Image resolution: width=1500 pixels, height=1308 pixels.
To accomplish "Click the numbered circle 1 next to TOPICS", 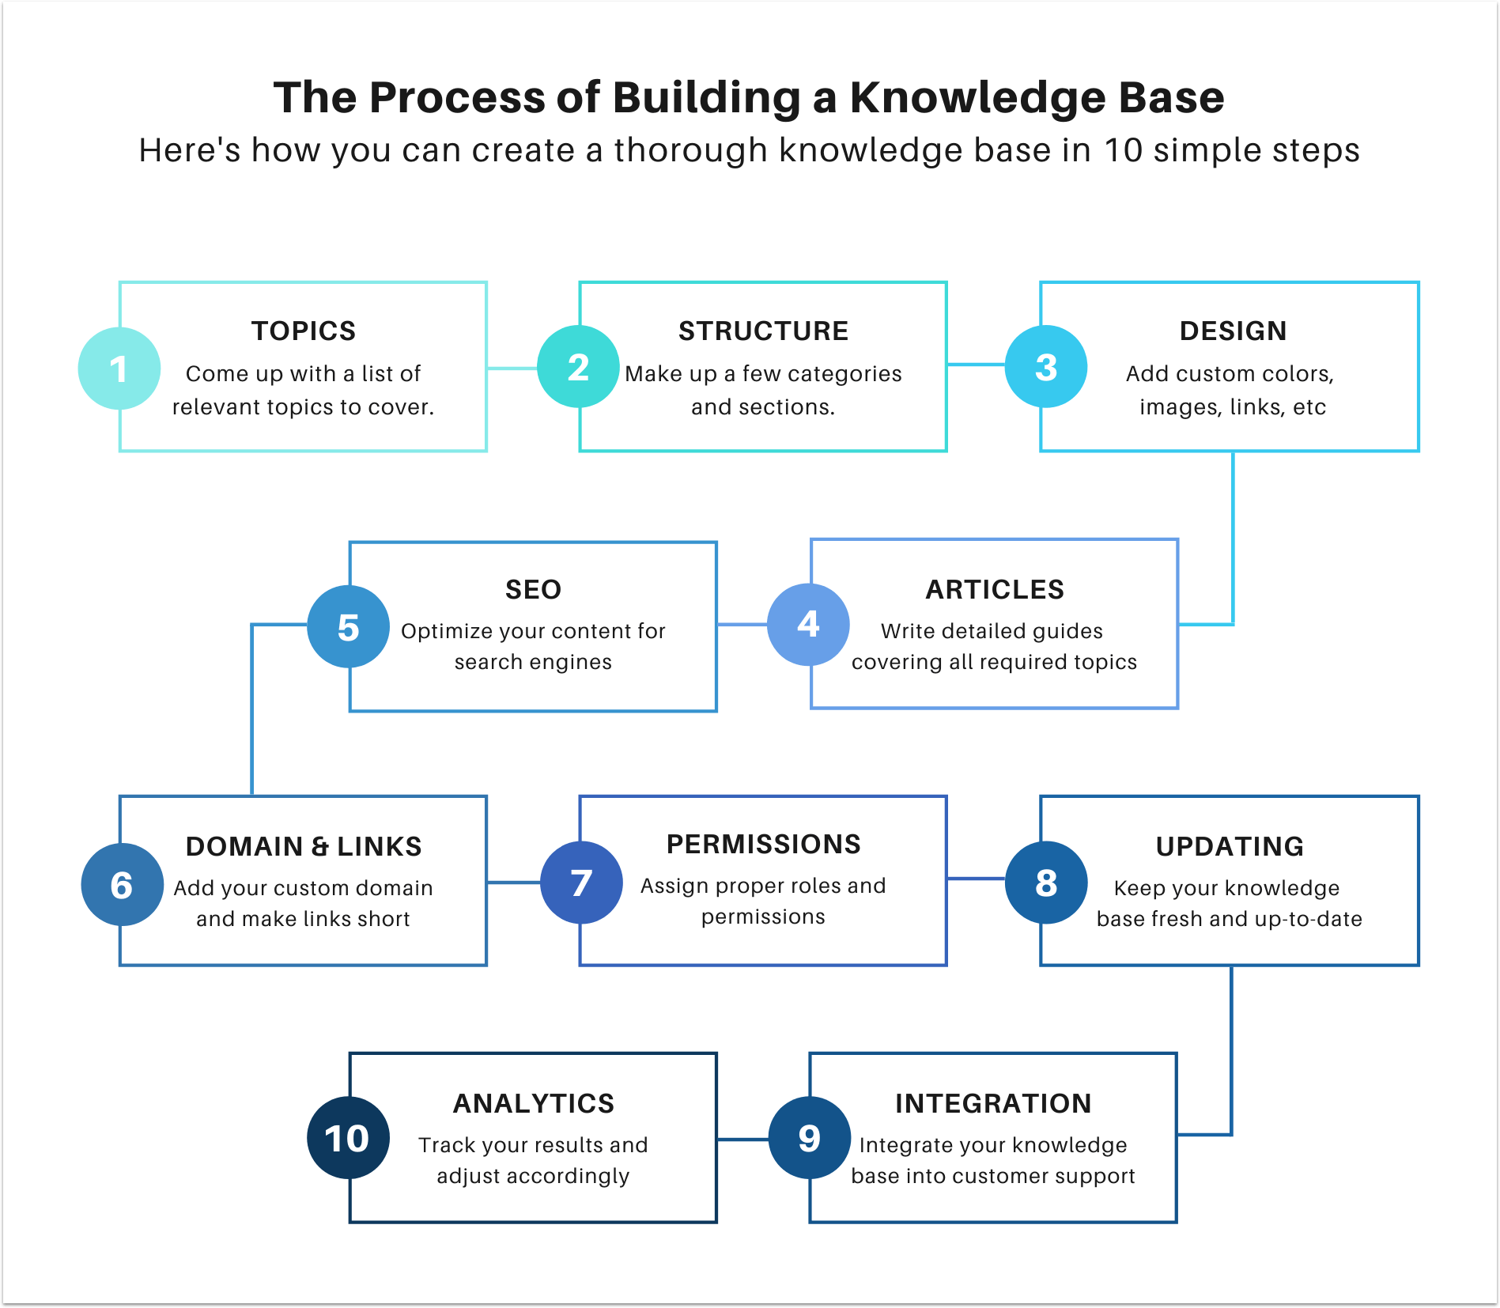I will pyautogui.click(x=119, y=369).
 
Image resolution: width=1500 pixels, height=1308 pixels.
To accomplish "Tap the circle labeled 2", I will pyautogui.click(x=578, y=367).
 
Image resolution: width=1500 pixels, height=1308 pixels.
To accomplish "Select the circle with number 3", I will pyautogui.click(x=1045, y=367).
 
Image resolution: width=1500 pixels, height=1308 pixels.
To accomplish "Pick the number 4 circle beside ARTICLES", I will pyautogui.click(x=808, y=624).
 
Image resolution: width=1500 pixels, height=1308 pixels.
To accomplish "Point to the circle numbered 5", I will pyautogui.click(x=348, y=626).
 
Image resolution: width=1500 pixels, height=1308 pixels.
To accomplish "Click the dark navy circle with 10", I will pyautogui.click(x=348, y=1138).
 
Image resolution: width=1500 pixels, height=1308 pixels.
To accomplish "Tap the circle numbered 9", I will pyautogui.click(x=809, y=1138).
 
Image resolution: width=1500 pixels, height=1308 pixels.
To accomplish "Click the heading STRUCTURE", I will pyautogui.click(x=763, y=331).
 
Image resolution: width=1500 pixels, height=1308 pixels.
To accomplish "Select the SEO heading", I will pyautogui.click(x=533, y=589).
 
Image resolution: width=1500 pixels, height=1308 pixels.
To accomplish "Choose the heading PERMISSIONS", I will pyautogui.click(x=763, y=844).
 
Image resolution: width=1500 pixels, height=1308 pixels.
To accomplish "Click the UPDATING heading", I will pyautogui.click(x=1230, y=846).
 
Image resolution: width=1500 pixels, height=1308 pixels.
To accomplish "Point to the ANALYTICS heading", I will pyautogui.click(x=533, y=1103).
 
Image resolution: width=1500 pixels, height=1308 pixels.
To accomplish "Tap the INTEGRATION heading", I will pyautogui.click(x=993, y=1103).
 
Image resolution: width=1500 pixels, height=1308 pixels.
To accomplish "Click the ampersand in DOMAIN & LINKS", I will pyautogui.click(x=320, y=847).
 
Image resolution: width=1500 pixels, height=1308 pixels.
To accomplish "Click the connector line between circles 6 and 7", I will pyautogui.click(x=513, y=882).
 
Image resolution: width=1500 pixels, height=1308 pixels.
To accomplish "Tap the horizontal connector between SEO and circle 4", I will pyautogui.click(x=742, y=625).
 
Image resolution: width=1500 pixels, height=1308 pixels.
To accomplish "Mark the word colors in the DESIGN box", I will pyautogui.click(x=1300, y=373).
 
